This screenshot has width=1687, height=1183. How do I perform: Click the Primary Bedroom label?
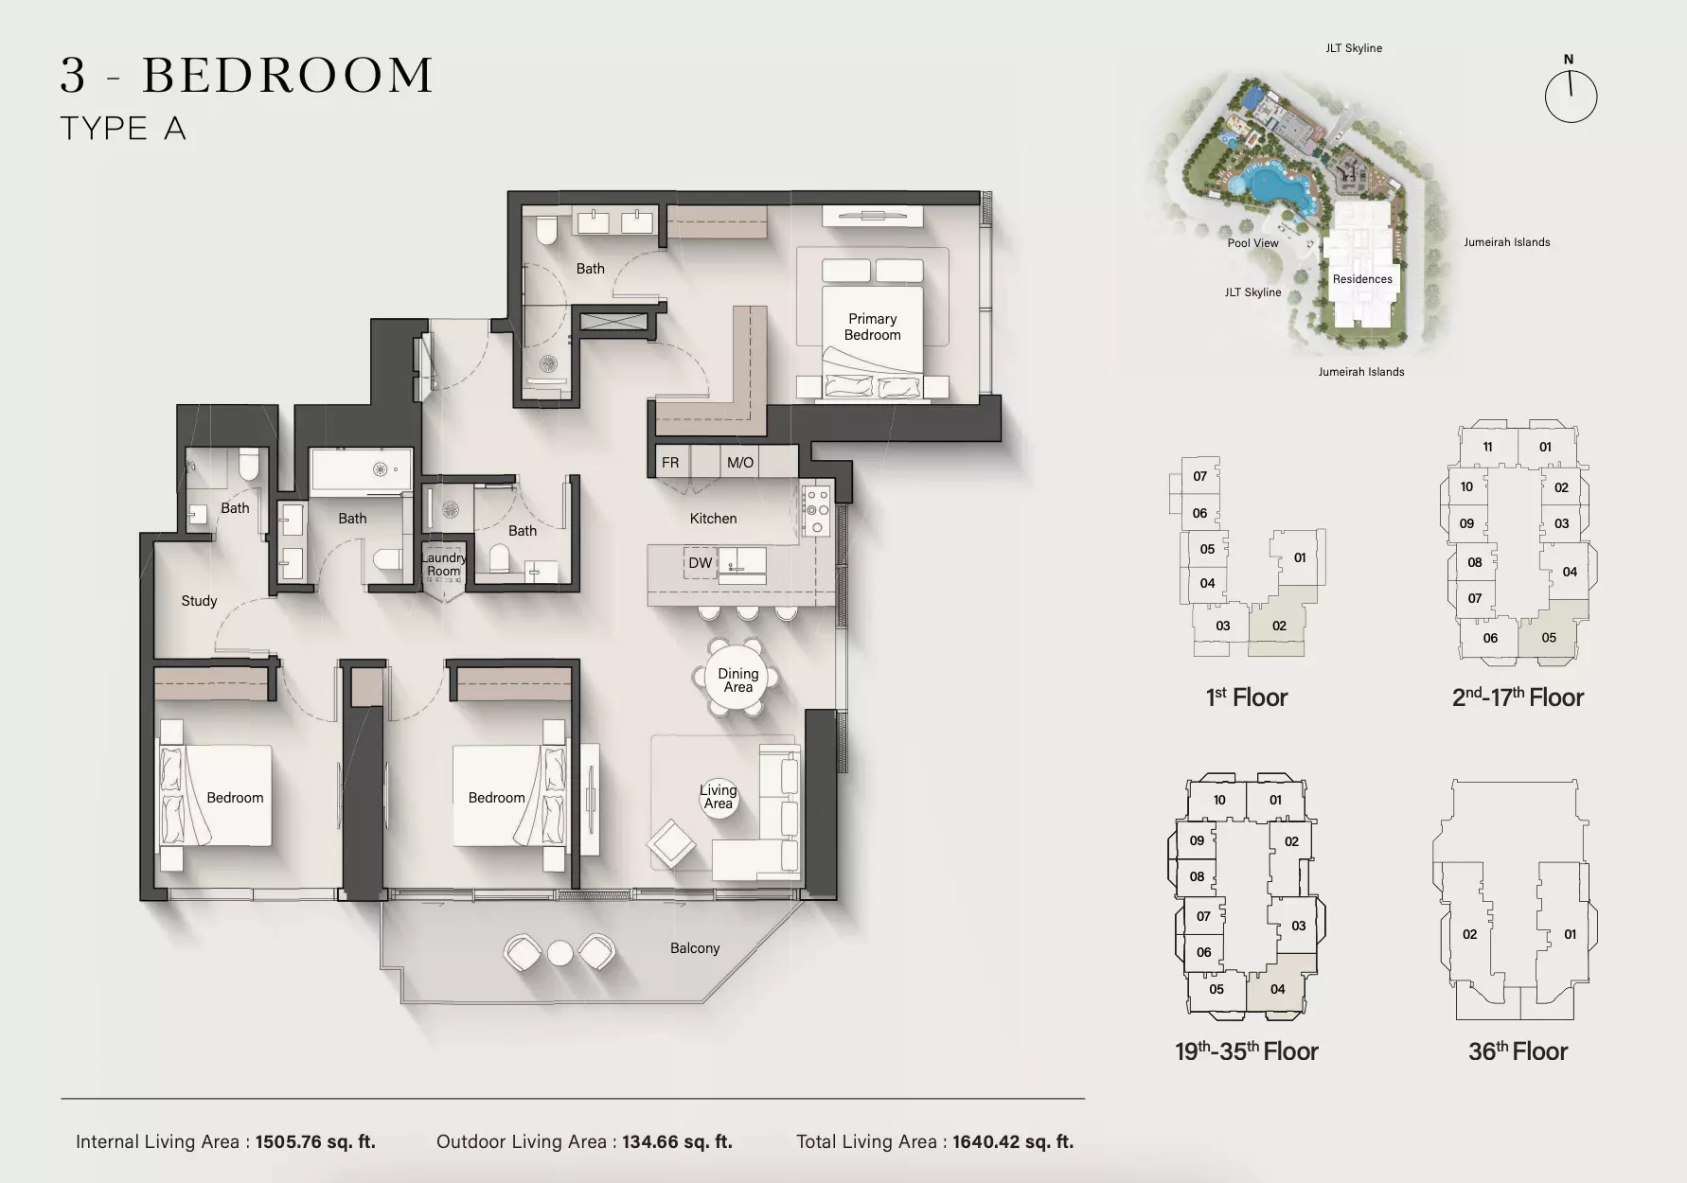872,327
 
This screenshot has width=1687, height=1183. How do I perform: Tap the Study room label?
199,601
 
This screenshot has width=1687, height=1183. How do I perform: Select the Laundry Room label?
443,564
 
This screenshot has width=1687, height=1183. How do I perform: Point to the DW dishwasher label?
700,563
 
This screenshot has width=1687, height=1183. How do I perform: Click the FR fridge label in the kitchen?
670,463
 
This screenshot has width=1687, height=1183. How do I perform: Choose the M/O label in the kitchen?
740,463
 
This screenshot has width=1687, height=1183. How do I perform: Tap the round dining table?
738,680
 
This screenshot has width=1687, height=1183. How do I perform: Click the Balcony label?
695,948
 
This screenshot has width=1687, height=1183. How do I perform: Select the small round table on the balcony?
560,952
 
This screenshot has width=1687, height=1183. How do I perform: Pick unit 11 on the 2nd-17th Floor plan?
1487,447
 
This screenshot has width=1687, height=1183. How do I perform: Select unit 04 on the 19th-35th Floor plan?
1278,989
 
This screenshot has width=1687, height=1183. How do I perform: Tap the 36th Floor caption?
1518,1051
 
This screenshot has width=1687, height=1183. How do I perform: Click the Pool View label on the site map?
1252,243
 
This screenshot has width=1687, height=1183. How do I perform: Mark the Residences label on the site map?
1362,279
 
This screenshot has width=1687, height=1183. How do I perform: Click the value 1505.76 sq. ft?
315,1142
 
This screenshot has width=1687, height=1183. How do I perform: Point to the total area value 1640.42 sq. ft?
1013,1142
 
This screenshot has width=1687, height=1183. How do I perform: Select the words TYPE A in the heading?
123,129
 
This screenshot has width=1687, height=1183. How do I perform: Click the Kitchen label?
713,519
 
